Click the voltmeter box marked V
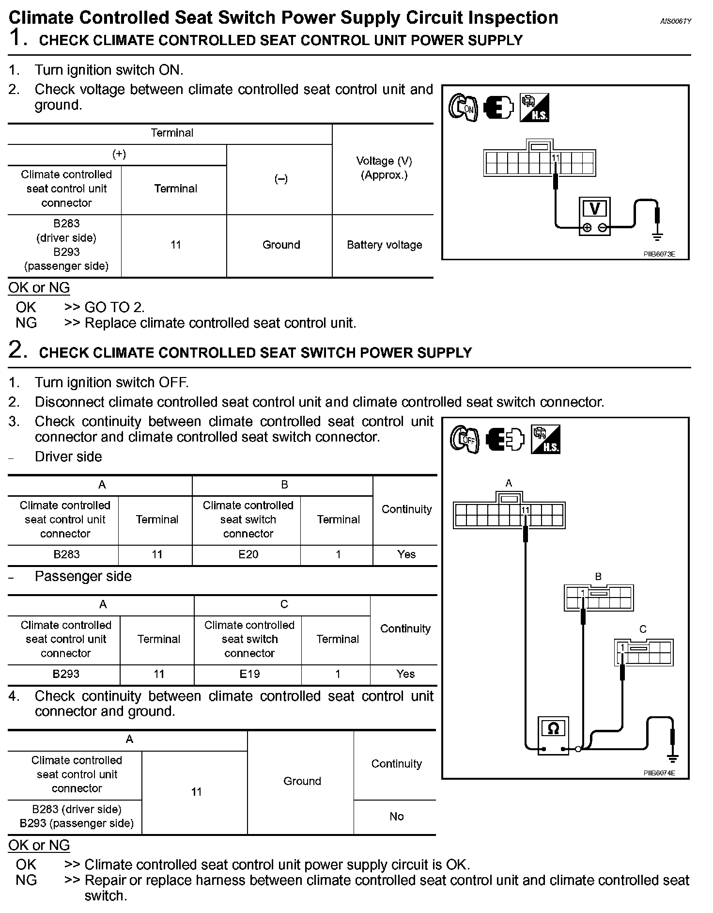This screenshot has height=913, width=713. pyautogui.click(x=594, y=216)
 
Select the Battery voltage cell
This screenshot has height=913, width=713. pyautogui.click(x=384, y=245)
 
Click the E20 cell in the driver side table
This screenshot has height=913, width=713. pyautogui.click(x=248, y=554)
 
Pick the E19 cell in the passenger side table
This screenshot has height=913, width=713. pyautogui.click(x=249, y=674)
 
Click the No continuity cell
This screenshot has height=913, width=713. pyautogui.click(x=396, y=817)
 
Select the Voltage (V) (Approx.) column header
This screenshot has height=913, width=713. pyautogui.click(x=384, y=168)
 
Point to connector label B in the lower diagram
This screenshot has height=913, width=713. pyautogui.click(x=598, y=577)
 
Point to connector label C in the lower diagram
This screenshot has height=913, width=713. pyautogui.click(x=643, y=630)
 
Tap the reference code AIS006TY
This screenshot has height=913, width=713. pyautogui.click(x=676, y=21)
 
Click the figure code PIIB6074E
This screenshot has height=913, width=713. pyautogui.click(x=659, y=773)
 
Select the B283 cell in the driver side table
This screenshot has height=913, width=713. pyautogui.click(x=66, y=554)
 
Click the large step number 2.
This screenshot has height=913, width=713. pyautogui.click(x=18, y=350)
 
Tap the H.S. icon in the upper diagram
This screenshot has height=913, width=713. pyautogui.click(x=534, y=108)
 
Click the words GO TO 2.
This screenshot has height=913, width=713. pyautogui.click(x=114, y=307)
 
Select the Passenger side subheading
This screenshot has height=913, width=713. pyautogui.click(x=83, y=576)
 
